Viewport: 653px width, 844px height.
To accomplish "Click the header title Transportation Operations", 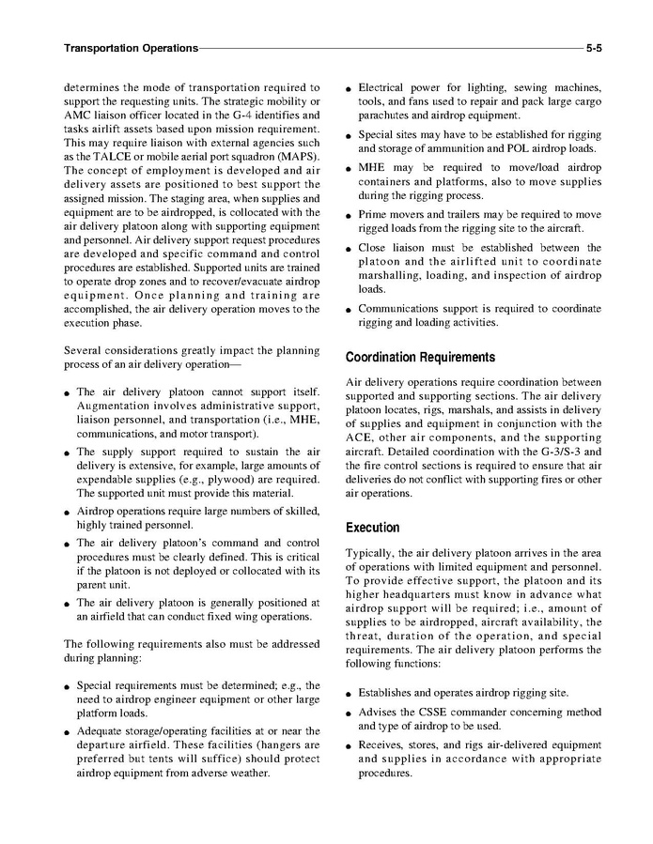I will pos(131,47).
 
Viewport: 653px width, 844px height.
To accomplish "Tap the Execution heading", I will pos(372,528).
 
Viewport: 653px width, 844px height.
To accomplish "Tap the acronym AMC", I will pos(78,115).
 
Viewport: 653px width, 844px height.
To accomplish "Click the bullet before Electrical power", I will pos(349,89).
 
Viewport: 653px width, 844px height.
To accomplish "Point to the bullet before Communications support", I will pos(349,309).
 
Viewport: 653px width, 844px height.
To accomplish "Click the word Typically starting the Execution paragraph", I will pos(372,553).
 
